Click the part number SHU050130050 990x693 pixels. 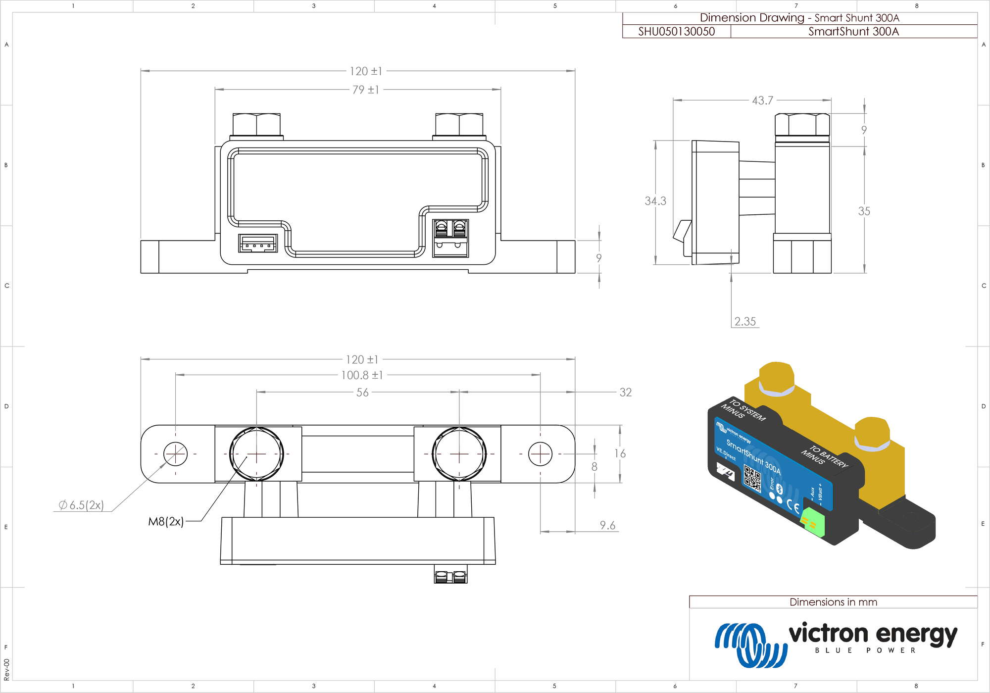[676, 32]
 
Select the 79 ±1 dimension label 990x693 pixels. [365, 90]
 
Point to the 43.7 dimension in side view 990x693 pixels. [762, 100]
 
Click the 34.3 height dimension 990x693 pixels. [655, 201]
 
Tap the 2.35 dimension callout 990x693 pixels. [745, 321]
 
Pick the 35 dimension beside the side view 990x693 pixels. [864, 211]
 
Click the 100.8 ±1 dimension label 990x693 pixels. [362, 375]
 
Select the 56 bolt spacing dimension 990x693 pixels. [362, 393]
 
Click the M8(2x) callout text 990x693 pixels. [166, 521]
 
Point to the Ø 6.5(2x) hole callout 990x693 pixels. [81, 505]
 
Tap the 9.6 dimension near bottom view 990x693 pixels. [607, 525]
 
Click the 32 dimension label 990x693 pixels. [626, 393]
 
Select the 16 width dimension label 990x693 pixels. [620, 453]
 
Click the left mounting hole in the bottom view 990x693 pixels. [175, 453]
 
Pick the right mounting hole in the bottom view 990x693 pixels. [540, 454]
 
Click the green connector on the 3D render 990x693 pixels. [812, 523]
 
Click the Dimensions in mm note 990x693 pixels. [833, 602]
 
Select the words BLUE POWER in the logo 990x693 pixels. [865, 650]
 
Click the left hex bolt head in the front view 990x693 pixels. [256, 124]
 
